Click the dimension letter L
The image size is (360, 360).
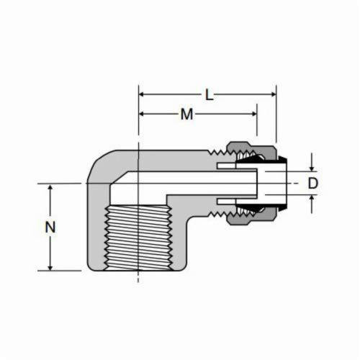click(x=210, y=96)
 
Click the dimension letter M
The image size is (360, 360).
click(x=186, y=114)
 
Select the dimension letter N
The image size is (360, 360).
click(x=50, y=227)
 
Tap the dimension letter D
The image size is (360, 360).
click(x=312, y=184)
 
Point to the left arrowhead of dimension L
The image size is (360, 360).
click(x=142, y=94)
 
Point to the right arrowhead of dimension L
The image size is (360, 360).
click(x=274, y=94)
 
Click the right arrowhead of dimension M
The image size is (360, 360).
click(x=254, y=114)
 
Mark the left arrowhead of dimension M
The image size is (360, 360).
click(x=142, y=114)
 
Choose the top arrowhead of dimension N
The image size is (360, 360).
click(x=50, y=187)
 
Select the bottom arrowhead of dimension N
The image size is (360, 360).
click(x=50, y=267)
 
